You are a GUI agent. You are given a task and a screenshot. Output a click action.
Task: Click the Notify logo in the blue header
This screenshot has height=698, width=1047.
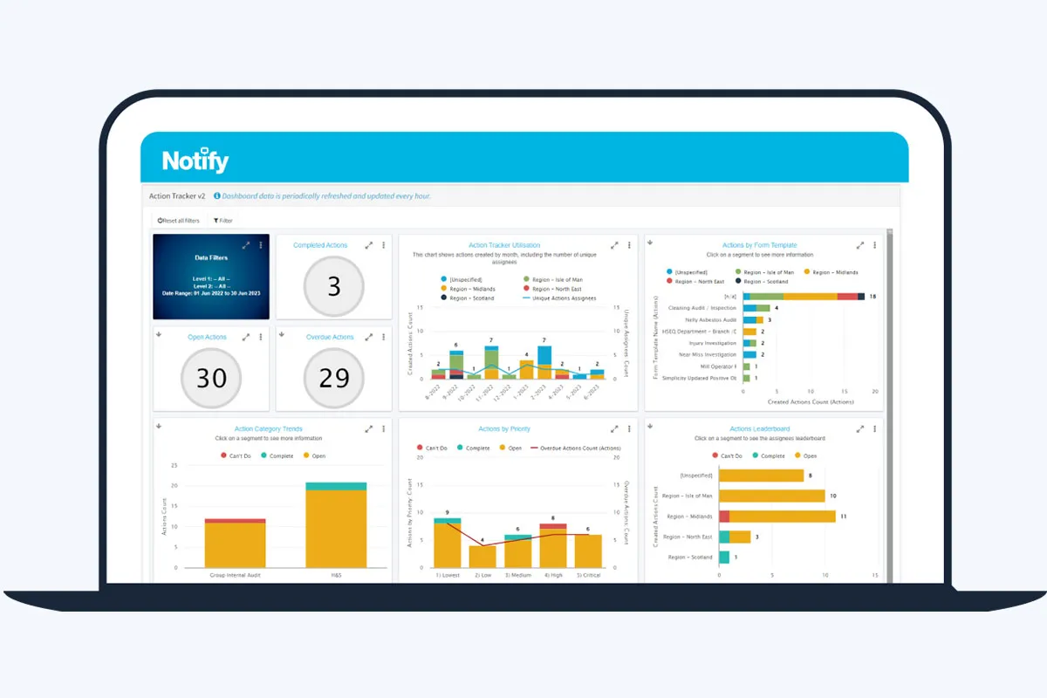tap(195, 161)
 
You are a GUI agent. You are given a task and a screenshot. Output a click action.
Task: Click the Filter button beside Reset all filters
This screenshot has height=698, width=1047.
tap(223, 221)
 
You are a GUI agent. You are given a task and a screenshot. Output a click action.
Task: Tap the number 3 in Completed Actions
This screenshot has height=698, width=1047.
tap(334, 285)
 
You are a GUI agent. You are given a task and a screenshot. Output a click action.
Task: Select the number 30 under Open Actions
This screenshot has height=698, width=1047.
tap(211, 377)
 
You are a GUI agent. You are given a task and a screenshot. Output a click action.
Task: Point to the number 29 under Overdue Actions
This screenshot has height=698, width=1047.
tap(334, 377)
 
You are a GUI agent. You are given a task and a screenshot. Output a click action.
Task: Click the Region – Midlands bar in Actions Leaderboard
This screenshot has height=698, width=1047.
tap(777, 517)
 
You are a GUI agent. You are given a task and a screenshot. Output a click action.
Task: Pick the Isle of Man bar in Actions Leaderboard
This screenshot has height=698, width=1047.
tap(771, 496)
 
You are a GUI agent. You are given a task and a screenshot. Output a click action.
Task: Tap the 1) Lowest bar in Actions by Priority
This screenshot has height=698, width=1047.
tap(448, 545)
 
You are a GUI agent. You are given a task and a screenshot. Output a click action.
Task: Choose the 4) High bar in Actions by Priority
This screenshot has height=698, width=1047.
tap(552, 545)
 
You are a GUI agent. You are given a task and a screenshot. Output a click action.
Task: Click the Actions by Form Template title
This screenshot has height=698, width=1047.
tap(759, 245)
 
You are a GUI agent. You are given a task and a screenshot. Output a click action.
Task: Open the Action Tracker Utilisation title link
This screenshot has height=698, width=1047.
tap(504, 245)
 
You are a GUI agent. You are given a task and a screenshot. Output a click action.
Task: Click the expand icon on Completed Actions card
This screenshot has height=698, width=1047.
tap(369, 245)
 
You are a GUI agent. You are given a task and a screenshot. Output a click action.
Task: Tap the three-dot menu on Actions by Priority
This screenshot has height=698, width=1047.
tap(628, 428)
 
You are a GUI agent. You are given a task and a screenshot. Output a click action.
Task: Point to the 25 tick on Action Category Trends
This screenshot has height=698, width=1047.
tap(174, 465)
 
